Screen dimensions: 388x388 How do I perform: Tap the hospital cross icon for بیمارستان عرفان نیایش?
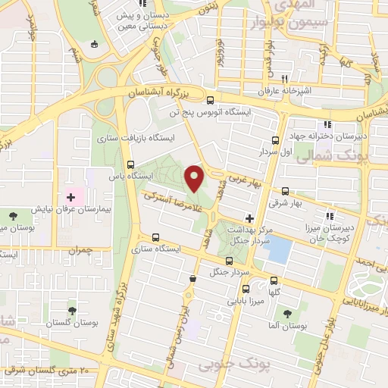(70, 197)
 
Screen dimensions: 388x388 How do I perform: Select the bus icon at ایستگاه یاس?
(131, 164)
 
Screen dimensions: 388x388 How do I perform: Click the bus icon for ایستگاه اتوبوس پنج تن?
(210, 100)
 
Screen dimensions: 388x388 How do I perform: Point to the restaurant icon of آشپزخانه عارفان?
(285, 79)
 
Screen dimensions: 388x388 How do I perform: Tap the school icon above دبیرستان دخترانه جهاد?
(327, 125)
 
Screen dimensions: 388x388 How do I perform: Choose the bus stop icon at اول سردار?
(275, 140)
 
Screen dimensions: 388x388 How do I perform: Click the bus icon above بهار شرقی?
(285, 192)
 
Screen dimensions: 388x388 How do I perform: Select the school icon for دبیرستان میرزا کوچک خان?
(328, 214)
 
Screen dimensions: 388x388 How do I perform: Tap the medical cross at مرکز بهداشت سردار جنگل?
(249, 218)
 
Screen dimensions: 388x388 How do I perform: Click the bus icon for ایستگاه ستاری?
(155, 236)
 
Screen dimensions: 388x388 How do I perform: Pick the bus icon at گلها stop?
(274, 280)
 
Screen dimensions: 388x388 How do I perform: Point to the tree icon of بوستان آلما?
(287, 312)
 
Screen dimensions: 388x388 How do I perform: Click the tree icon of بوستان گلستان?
(72, 311)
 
